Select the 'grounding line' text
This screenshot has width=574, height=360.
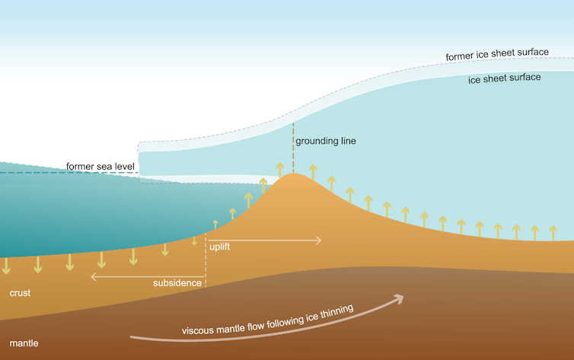(325, 141)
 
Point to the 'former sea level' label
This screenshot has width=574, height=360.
(100, 166)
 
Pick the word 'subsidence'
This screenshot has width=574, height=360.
(177, 283)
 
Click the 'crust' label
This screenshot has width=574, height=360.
(21, 293)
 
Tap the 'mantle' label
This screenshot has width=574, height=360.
(24, 343)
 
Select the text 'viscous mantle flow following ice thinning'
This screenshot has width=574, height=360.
(267, 320)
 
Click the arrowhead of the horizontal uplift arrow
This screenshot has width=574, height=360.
(317, 240)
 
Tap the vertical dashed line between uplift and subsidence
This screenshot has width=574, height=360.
(206, 259)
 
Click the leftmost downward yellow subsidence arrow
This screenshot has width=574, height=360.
(7, 266)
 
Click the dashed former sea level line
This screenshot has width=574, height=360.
(30, 173)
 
